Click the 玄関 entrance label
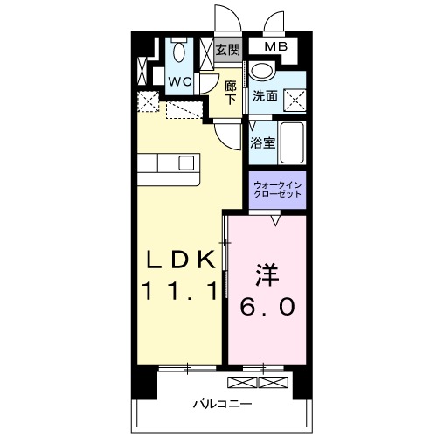[x=228, y=49]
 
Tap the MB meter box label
[x=275, y=47]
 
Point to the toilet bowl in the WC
[x=179, y=52]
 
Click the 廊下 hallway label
[x=230, y=92]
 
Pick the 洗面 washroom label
[x=265, y=95]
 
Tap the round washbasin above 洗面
[x=260, y=72]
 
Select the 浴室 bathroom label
[x=264, y=142]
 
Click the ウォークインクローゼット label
[x=278, y=189]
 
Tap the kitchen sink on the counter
[x=187, y=162]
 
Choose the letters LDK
[x=179, y=260]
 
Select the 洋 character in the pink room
[x=267, y=276]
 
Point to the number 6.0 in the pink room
[x=268, y=308]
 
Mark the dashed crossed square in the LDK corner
[x=148, y=103]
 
